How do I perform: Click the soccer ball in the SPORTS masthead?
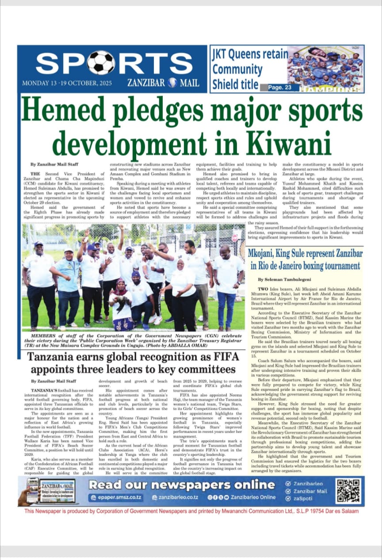click(101, 63)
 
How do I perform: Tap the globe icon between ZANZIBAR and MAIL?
click(172, 83)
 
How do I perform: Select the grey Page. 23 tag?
click(280, 88)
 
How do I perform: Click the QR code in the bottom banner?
click(348, 491)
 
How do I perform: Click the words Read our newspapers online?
click(182, 484)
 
